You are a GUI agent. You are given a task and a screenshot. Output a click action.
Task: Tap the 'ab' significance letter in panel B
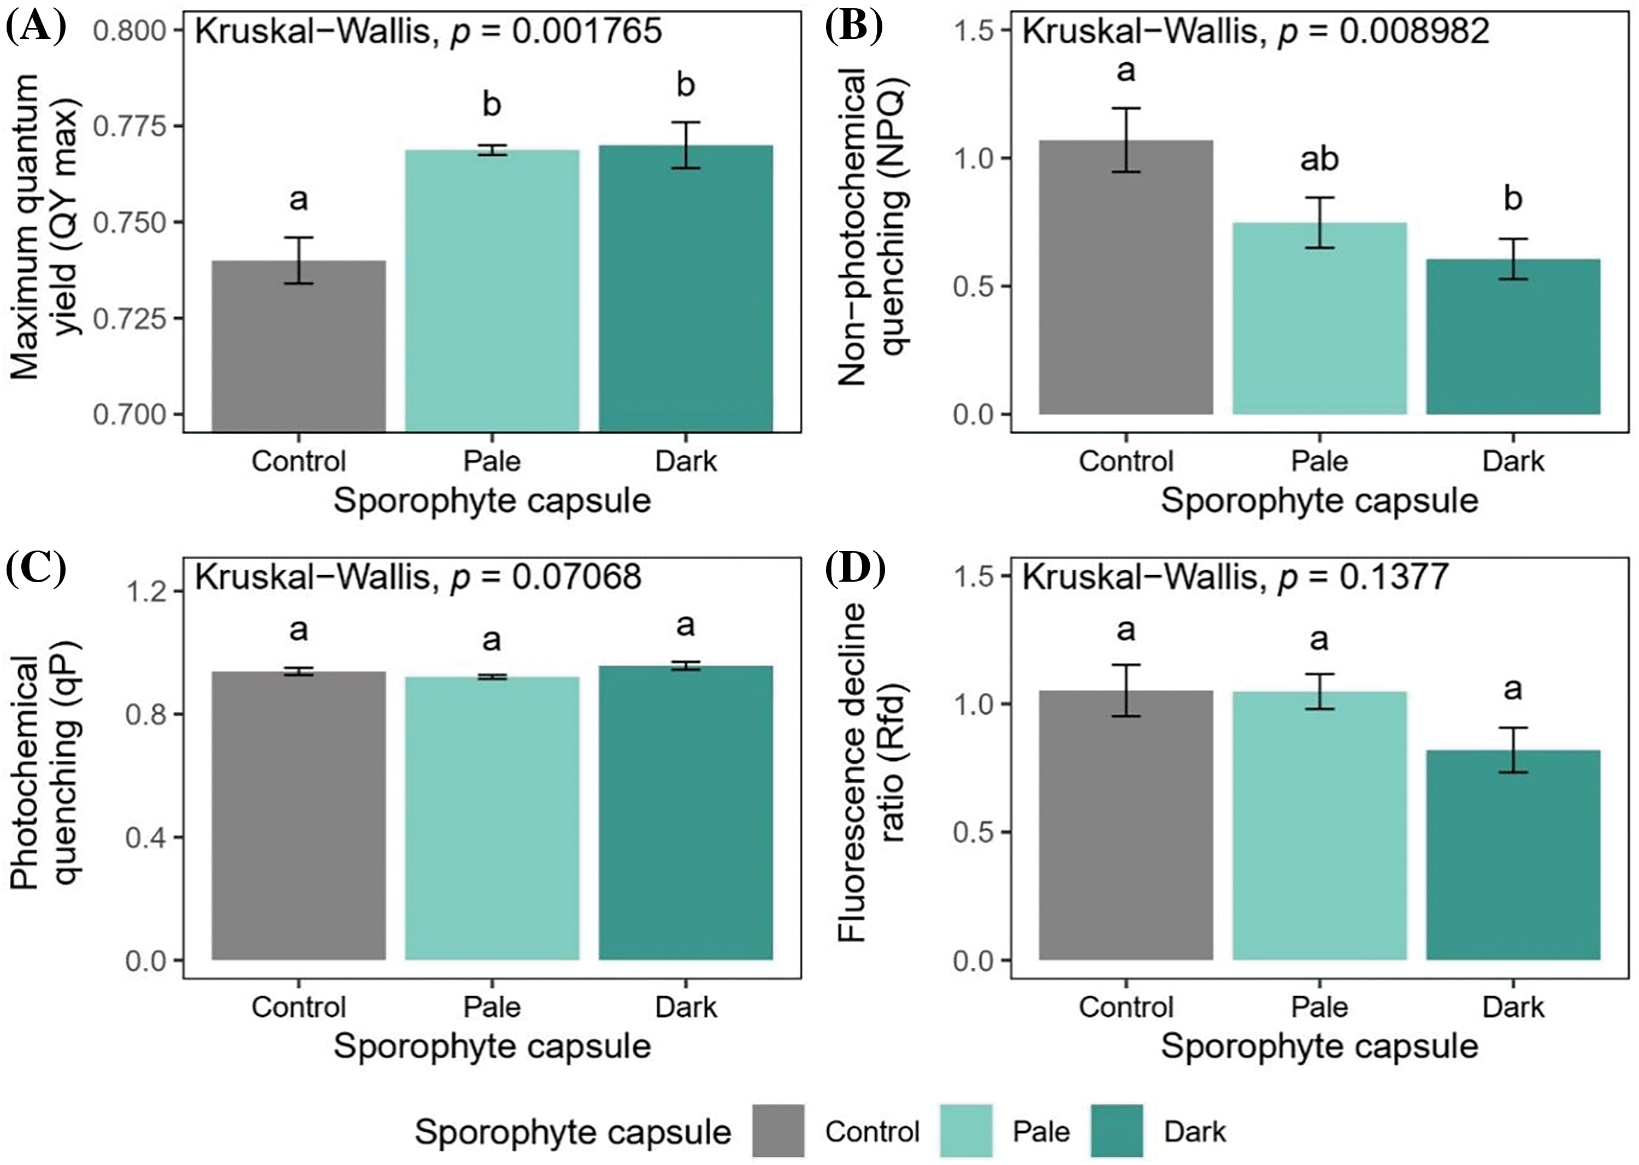[x=1319, y=159]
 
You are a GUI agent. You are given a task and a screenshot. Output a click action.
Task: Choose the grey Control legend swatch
[x=779, y=1131]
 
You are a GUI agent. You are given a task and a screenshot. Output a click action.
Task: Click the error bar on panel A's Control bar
[x=298, y=259]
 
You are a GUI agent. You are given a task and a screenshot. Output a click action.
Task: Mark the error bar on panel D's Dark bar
[x=1513, y=750]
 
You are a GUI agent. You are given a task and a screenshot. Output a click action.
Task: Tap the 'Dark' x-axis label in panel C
[x=685, y=1007]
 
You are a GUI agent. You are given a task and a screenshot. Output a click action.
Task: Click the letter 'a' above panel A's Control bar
[x=298, y=200]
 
